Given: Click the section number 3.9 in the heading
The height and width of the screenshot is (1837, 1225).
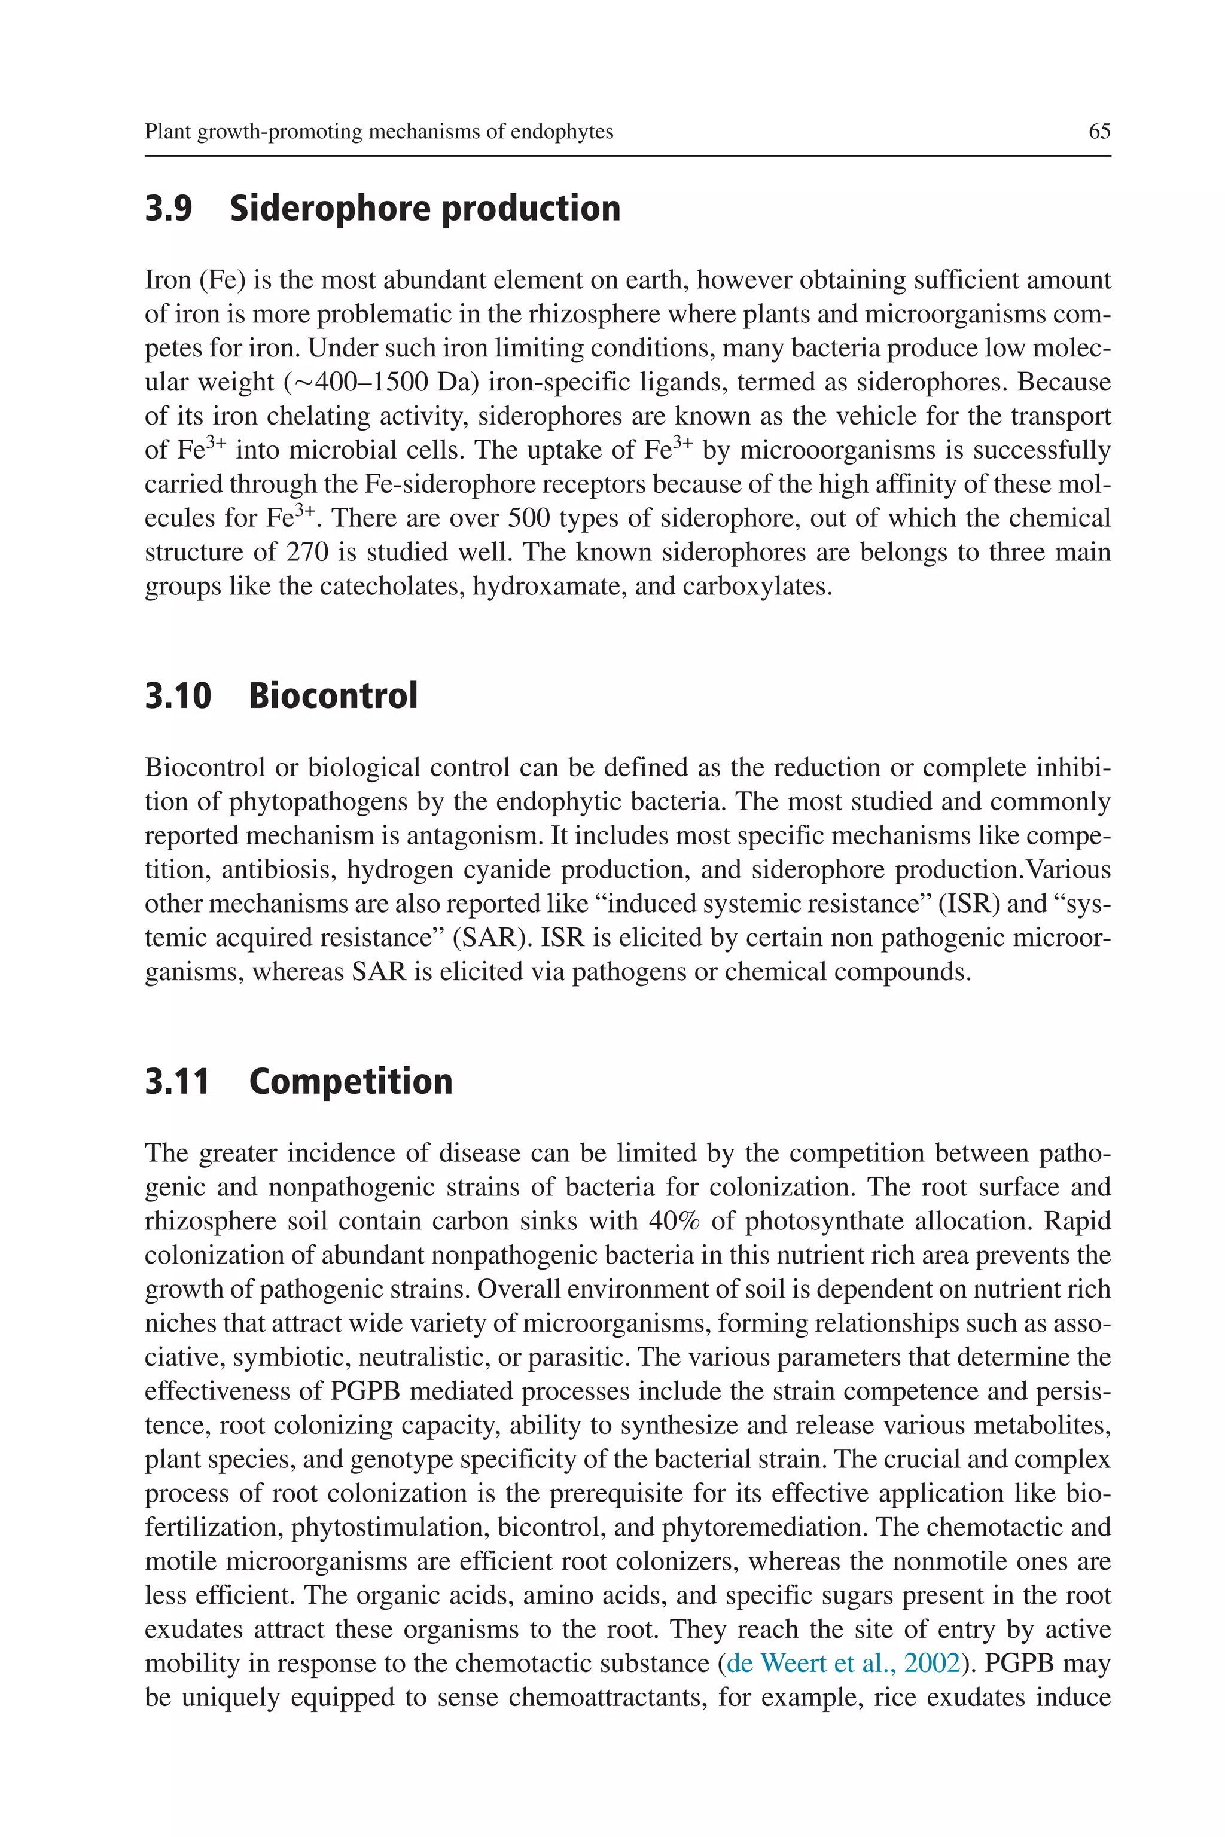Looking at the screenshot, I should coord(168,209).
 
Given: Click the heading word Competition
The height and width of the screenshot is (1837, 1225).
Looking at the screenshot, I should coord(350,1081).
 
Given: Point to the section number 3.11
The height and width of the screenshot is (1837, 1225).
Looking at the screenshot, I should coord(177,1081).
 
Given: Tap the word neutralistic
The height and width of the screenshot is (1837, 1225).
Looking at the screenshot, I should coord(421,1357).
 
